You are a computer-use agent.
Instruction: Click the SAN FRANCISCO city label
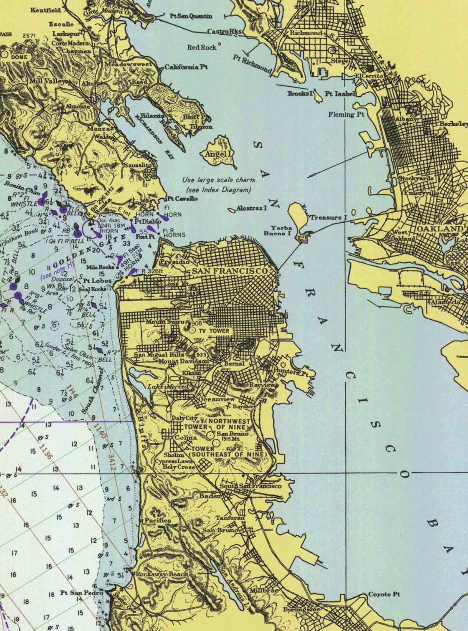click(x=230, y=271)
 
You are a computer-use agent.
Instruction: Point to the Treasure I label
click(x=327, y=217)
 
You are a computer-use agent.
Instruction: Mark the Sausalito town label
click(x=138, y=165)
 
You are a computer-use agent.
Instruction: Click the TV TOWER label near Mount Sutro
click(x=214, y=331)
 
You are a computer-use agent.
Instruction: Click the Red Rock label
click(x=202, y=47)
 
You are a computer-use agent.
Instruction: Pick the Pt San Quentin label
click(x=191, y=16)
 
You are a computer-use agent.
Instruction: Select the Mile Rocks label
click(x=100, y=267)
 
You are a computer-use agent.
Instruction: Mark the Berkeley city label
click(x=453, y=124)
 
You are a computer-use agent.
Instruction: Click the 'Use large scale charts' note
click(x=218, y=180)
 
